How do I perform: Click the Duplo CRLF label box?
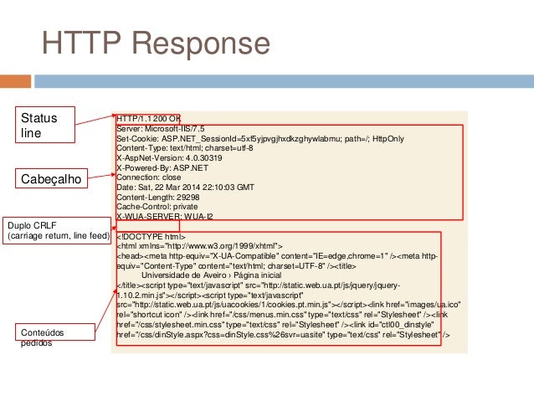(x=57, y=231)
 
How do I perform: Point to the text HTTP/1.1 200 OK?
(x=149, y=118)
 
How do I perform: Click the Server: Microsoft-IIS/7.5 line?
(x=161, y=128)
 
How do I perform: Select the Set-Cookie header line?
(x=260, y=138)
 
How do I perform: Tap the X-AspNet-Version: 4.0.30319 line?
(x=169, y=157)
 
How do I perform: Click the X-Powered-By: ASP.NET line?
(x=163, y=167)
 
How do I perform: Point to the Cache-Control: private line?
(x=157, y=206)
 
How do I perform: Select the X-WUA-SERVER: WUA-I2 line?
(x=165, y=216)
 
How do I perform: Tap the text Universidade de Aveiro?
(x=181, y=275)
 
